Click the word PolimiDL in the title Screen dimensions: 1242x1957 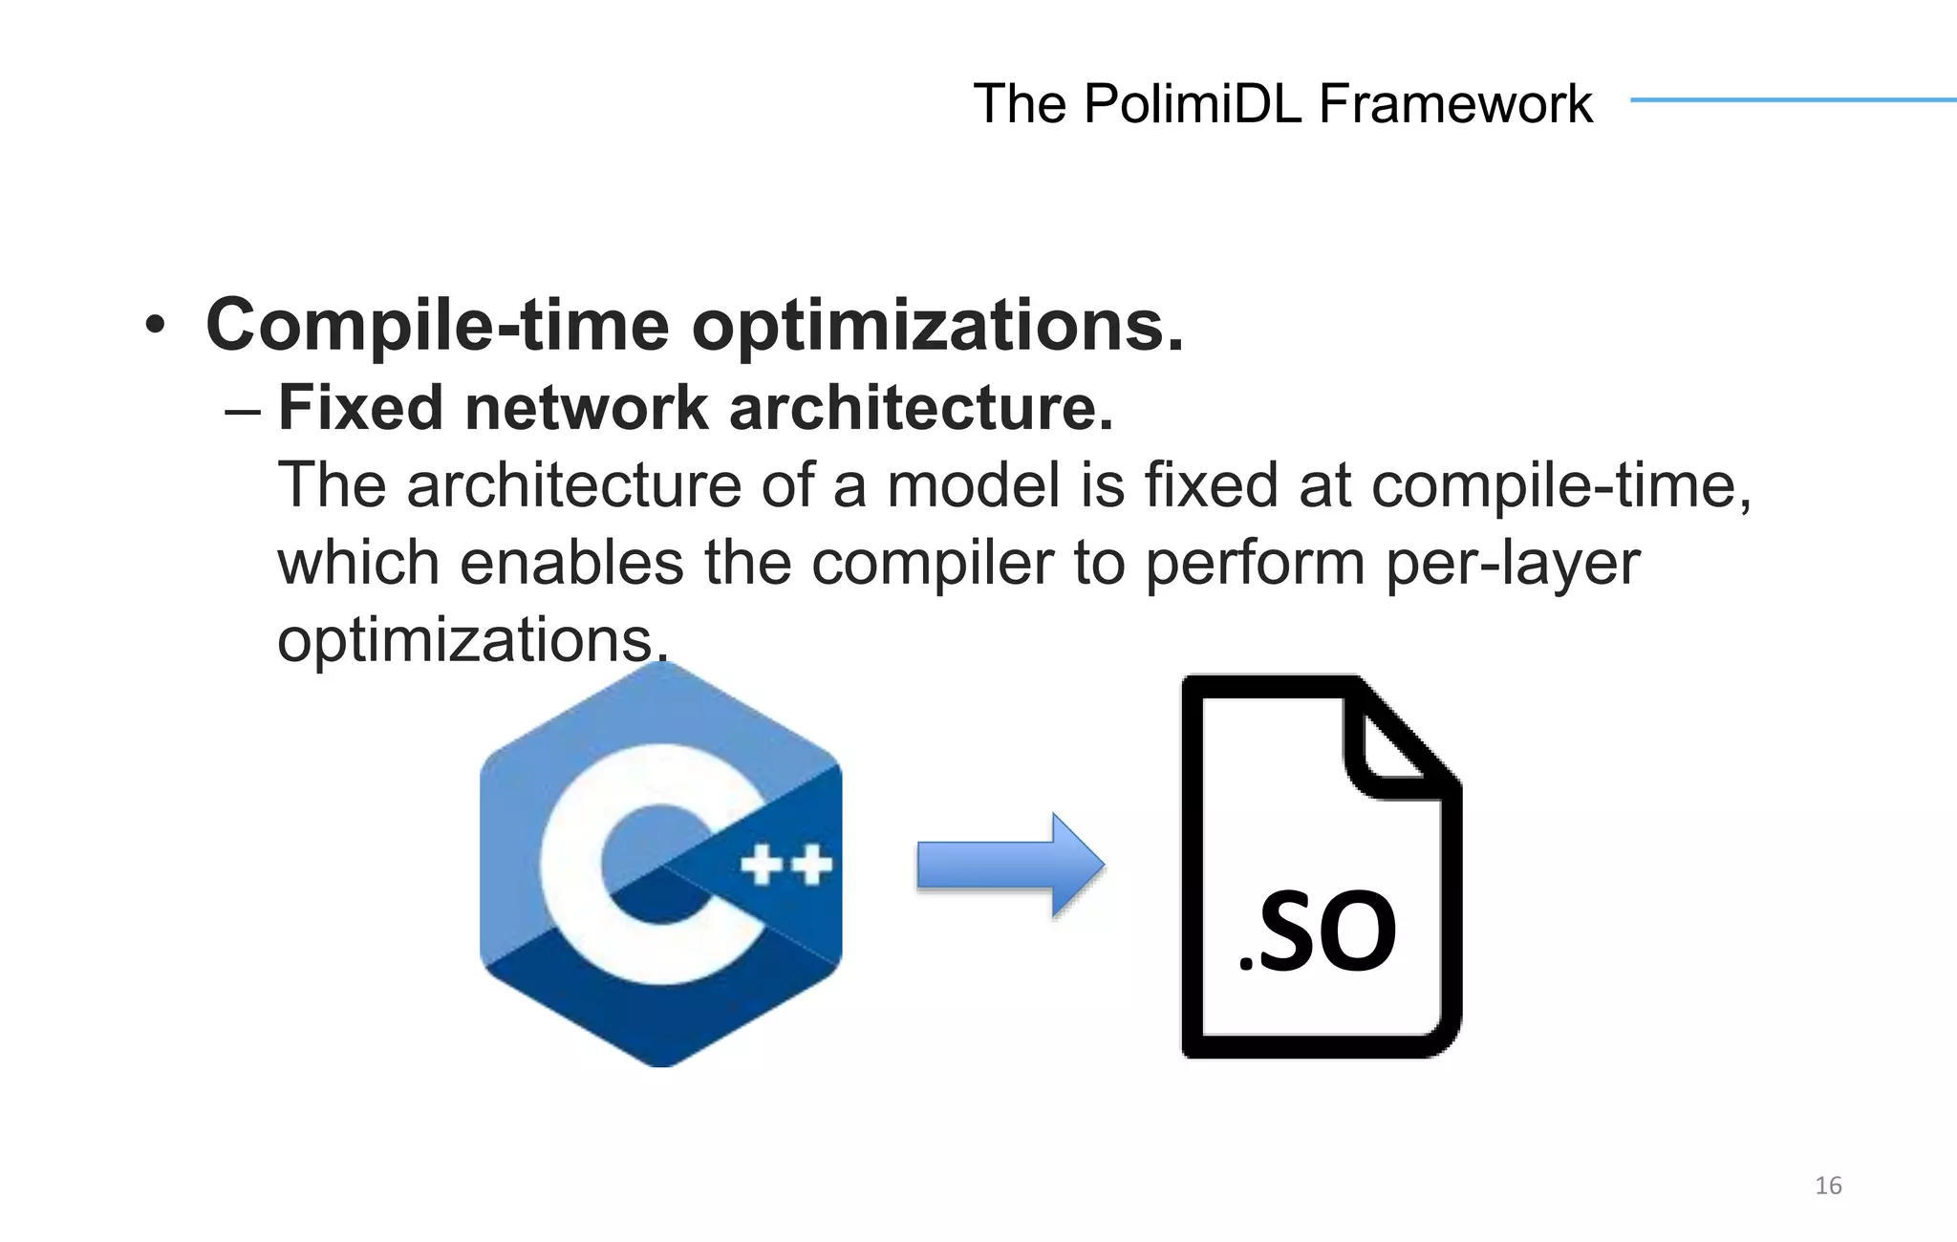coord(1193,103)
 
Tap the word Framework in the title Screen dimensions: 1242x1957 coord(1455,103)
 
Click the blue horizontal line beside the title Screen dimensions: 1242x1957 coord(1793,99)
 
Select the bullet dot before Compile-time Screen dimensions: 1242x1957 coord(155,327)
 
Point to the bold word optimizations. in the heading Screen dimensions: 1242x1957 coord(937,327)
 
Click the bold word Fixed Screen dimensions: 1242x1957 coord(360,408)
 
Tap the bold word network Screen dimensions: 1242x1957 coord(587,408)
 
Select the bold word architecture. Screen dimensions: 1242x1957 coord(921,408)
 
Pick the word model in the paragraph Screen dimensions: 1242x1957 coord(973,485)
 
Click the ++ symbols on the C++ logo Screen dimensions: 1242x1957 coord(786,867)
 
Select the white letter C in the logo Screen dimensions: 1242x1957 coord(612,865)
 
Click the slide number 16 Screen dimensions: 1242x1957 coord(1827,1186)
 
